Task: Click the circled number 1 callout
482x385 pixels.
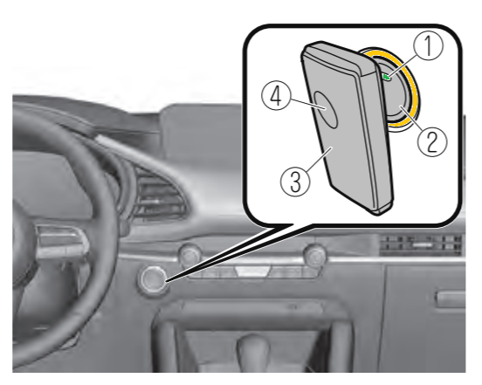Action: (428, 45)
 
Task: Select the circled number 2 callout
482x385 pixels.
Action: (432, 142)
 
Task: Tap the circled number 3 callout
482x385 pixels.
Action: (295, 182)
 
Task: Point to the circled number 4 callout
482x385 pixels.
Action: (276, 97)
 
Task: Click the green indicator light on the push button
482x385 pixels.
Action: (387, 78)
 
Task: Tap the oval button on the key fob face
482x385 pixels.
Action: (326, 109)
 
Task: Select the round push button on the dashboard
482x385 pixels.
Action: (153, 278)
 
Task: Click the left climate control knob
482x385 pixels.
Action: (190, 254)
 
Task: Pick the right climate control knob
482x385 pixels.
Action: (314, 254)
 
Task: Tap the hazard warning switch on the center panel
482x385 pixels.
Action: (252, 271)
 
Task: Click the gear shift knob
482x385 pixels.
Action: (252, 347)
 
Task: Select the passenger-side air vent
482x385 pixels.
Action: (421, 244)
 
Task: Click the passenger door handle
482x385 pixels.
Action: (451, 299)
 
